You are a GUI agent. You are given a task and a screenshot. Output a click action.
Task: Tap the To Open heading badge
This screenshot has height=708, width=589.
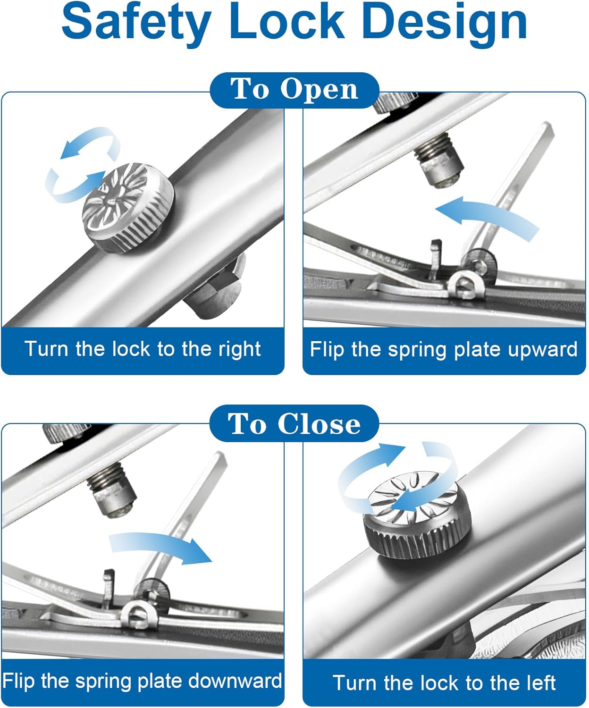click(294, 89)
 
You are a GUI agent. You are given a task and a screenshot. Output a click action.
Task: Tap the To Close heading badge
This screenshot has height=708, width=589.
click(294, 423)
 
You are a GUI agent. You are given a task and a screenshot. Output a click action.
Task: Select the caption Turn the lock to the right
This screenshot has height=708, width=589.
click(143, 349)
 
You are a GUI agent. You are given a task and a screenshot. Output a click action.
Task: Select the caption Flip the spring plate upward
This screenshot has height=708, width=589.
click(444, 350)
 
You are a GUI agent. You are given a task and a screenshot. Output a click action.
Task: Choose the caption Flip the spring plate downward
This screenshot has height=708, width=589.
click(142, 681)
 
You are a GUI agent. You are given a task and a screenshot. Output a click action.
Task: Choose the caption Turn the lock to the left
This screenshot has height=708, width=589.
click(444, 683)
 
